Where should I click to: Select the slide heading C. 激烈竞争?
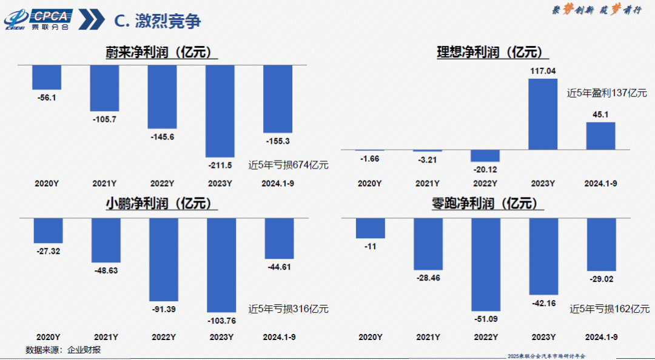(157, 21)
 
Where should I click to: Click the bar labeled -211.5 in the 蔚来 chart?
(220, 111)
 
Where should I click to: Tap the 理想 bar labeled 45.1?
(600, 136)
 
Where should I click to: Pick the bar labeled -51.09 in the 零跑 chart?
(486, 264)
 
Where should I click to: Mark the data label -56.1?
(46, 97)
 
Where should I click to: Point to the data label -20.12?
(485, 168)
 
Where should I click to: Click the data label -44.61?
(279, 266)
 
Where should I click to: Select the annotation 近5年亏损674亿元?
(289, 164)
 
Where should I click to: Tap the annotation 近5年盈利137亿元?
(607, 93)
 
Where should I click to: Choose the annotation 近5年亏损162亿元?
(610, 309)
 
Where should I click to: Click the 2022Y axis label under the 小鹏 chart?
(163, 336)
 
